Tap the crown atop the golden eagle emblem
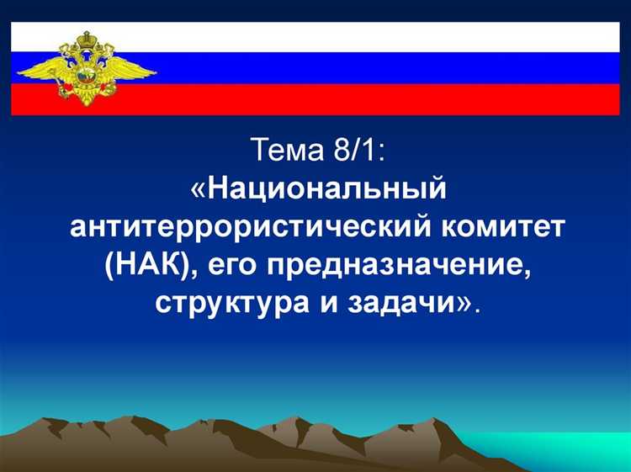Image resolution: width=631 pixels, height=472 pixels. (84, 40)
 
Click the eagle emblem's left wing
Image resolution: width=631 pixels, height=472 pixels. (42, 67)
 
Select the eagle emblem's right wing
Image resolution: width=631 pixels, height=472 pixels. (126, 67)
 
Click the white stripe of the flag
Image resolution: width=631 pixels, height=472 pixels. (379, 36)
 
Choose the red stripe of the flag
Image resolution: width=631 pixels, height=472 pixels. (379, 98)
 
